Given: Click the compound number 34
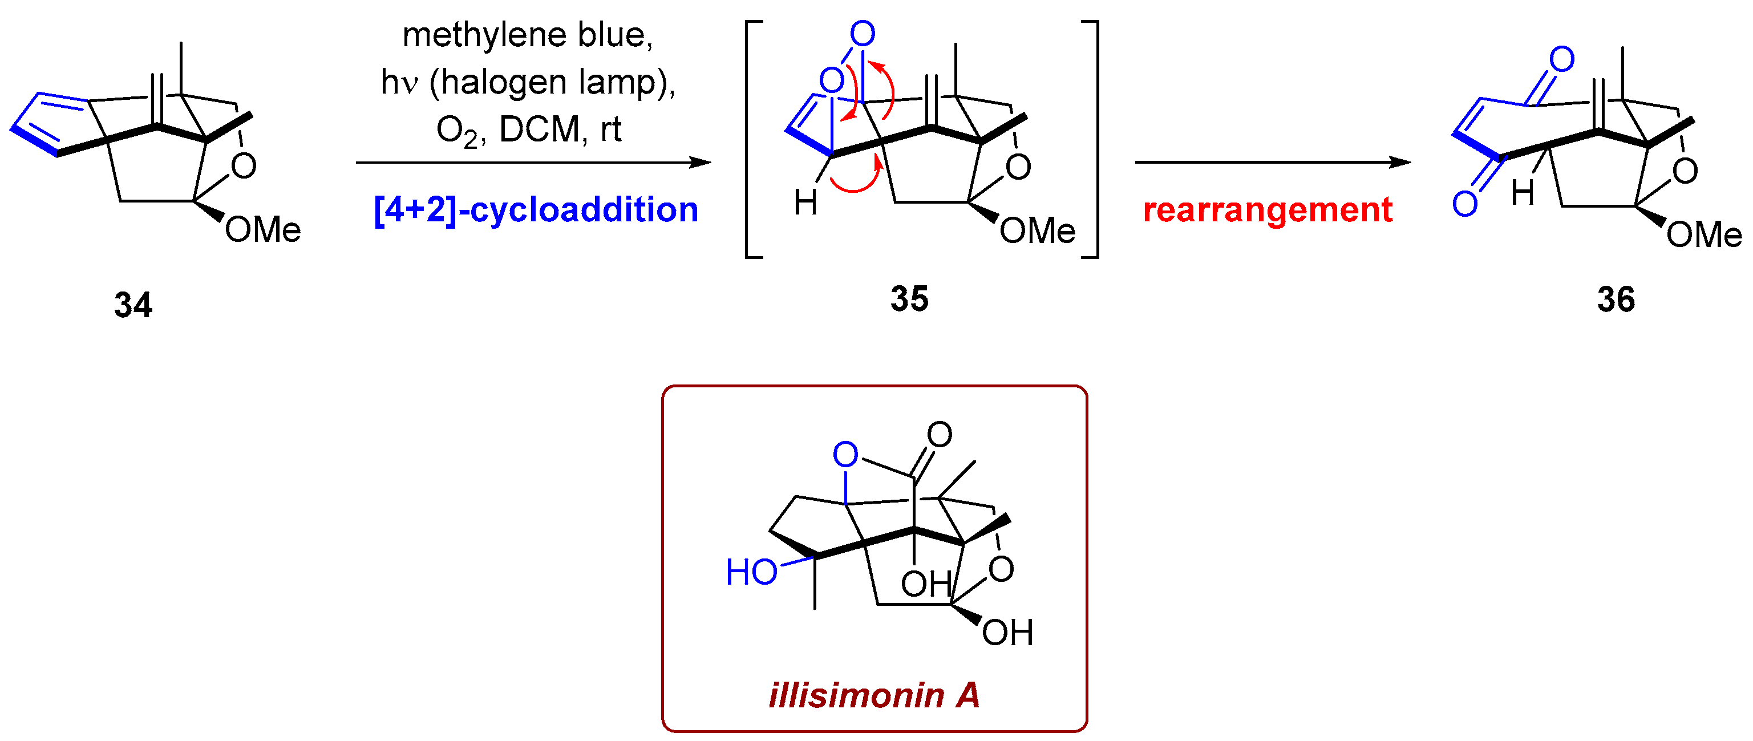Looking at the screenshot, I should (x=133, y=304).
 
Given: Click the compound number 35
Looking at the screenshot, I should (x=909, y=299).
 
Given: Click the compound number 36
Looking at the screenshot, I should (x=1616, y=299).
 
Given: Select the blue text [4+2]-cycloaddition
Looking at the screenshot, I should (x=536, y=209).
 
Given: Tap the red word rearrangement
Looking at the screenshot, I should (x=1268, y=209).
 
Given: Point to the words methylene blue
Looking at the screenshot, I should (x=528, y=35).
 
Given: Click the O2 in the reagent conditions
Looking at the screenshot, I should (x=456, y=131).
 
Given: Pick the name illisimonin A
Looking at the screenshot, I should (x=875, y=695).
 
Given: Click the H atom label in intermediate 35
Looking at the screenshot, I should (x=805, y=203).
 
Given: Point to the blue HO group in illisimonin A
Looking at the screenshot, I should (x=751, y=572).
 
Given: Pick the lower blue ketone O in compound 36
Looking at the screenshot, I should (x=1464, y=204).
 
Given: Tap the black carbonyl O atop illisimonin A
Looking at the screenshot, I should (x=939, y=434).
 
